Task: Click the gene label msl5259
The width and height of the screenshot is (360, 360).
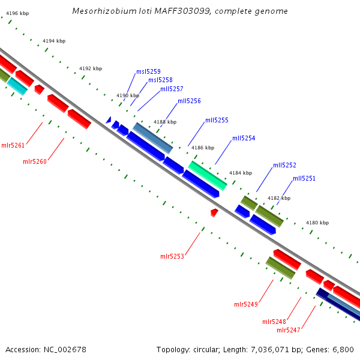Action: [148, 71]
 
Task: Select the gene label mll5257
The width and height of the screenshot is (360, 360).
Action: [172, 89]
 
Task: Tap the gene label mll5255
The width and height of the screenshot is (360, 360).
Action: [217, 120]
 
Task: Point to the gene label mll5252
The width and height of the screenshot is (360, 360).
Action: [284, 165]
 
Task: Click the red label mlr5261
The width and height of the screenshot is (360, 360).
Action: [13, 145]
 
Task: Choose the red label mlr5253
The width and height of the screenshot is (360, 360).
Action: [172, 256]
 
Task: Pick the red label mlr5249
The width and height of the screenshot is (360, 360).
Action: [246, 304]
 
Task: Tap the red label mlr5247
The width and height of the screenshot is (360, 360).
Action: [289, 329]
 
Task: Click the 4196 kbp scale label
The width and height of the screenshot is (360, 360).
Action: [17, 13]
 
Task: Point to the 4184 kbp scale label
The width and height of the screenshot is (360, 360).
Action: [241, 173]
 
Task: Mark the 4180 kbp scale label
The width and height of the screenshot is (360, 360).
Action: [317, 223]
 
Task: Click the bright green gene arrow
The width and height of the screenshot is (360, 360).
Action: [208, 175]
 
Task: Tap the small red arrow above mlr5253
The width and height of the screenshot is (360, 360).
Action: [214, 212]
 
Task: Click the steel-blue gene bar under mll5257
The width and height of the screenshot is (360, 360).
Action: [153, 137]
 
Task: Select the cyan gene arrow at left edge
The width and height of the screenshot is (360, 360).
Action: [17, 86]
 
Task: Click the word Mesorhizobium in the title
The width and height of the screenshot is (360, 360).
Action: [103, 11]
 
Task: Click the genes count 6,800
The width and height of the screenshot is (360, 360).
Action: [342, 349]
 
